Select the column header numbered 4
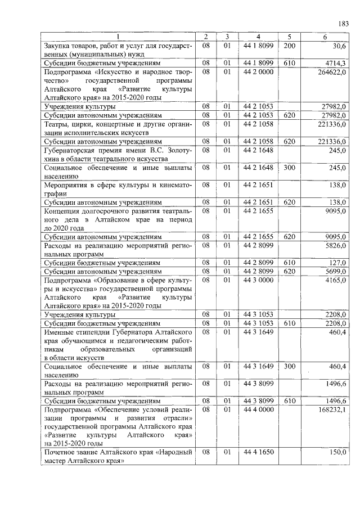[x=258, y=37]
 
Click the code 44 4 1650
[x=258, y=452]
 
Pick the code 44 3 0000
[x=258, y=280]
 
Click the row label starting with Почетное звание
[x=118, y=456]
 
